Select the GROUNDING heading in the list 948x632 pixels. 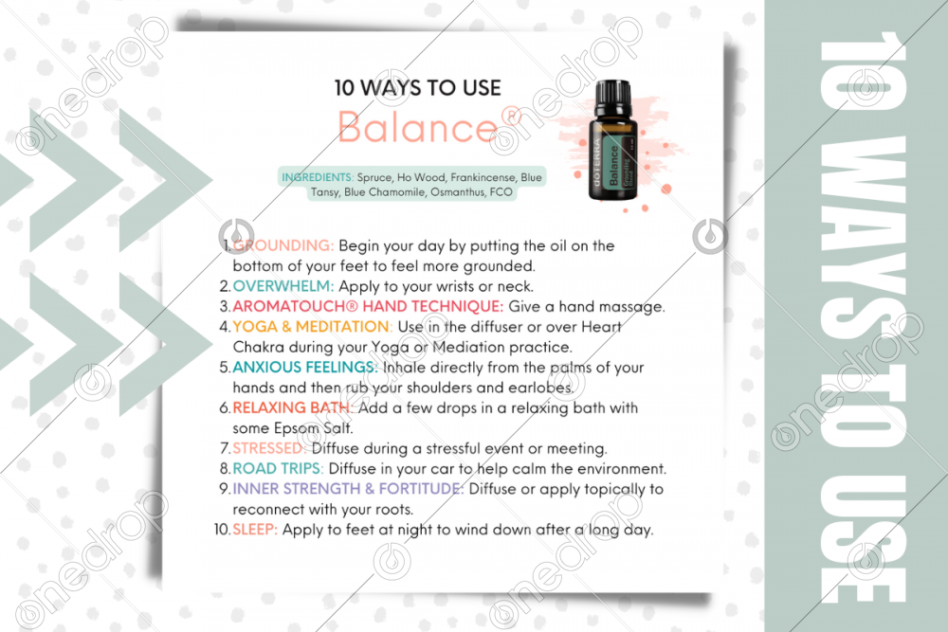(283, 246)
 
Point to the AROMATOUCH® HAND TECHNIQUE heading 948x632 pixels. (368, 306)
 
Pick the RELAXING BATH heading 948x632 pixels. (292, 407)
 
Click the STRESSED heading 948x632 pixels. (269, 448)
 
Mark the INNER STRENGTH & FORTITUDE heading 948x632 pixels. (348, 489)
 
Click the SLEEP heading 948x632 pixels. (255, 530)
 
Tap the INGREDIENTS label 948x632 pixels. (318, 177)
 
